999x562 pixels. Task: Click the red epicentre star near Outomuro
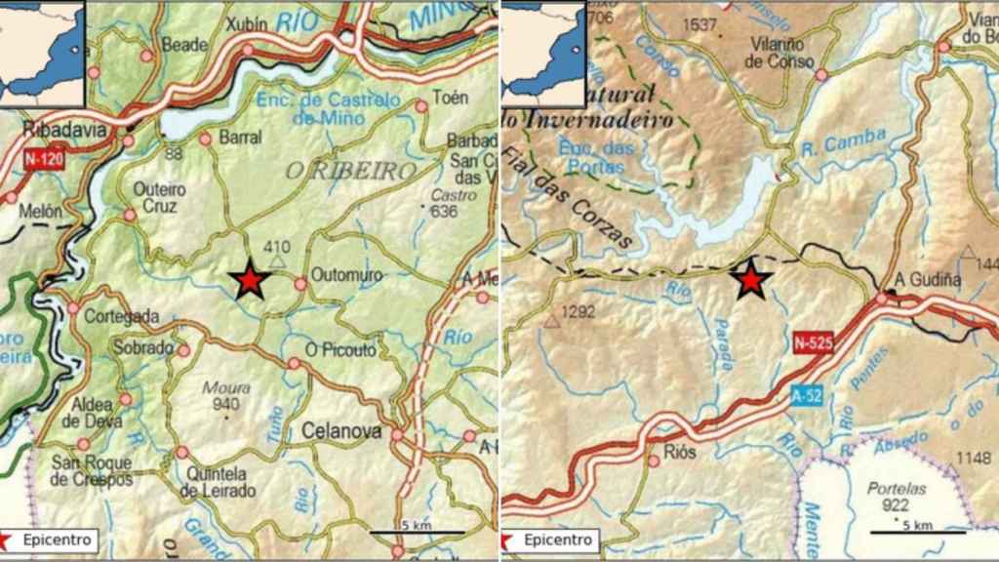click(x=251, y=280)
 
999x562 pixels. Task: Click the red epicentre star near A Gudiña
click(x=749, y=280)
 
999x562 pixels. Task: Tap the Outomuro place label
click(x=345, y=274)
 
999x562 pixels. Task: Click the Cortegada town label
click(x=121, y=316)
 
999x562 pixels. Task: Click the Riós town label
click(x=679, y=454)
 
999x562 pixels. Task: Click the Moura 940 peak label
click(x=225, y=396)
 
